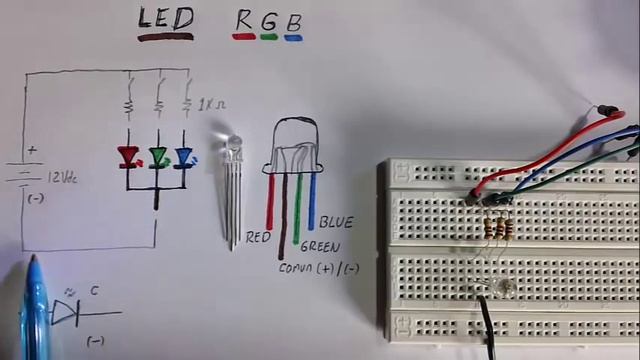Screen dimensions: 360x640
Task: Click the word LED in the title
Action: coord(166,19)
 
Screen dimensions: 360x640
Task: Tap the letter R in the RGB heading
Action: coord(243,20)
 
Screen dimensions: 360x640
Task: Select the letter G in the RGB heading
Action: coord(268,21)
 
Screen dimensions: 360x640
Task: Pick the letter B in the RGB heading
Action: coord(293,21)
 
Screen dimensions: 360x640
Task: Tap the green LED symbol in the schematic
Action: coord(158,156)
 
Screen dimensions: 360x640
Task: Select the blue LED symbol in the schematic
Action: coord(184,155)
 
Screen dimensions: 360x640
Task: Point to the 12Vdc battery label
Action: coord(61,177)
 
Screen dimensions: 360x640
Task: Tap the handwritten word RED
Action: coord(258,238)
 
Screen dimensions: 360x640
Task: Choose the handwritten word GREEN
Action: coord(320,246)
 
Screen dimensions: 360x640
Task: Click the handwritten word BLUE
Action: coord(336,222)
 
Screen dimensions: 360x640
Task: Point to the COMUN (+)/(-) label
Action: coord(319,268)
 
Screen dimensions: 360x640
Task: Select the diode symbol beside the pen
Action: coord(66,314)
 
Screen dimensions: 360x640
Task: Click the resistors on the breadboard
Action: coord(497,229)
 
